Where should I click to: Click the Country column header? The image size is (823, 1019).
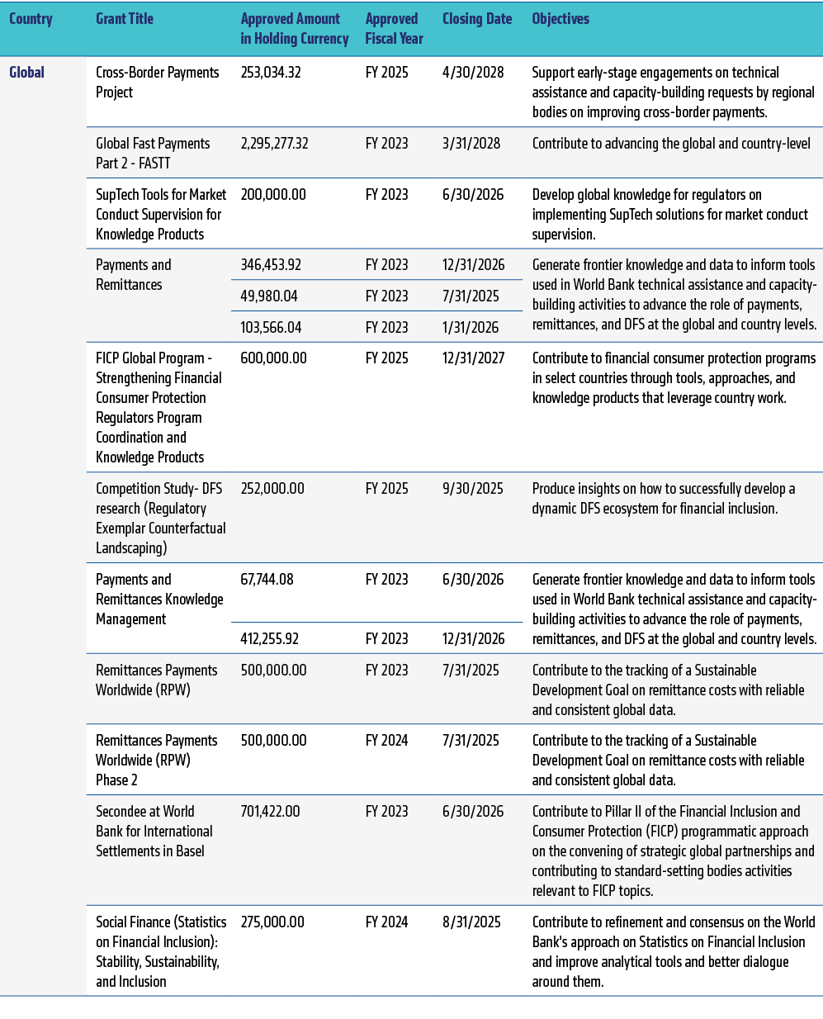pyautogui.click(x=31, y=19)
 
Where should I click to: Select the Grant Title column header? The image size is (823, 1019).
pyautogui.click(x=125, y=19)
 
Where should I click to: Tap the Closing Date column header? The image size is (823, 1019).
pyautogui.click(x=477, y=19)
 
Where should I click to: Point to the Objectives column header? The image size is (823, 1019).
pyautogui.click(x=560, y=19)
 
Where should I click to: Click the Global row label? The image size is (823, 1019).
pyautogui.click(x=26, y=73)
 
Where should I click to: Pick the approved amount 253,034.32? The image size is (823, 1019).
pyautogui.click(x=271, y=73)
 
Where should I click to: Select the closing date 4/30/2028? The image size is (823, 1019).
pyautogui.click(x=473, y=73)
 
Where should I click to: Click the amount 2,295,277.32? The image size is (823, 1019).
pyautogui.click(x=274, y=144)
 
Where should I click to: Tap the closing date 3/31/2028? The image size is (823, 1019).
pyautogui.click(x=471, y=144)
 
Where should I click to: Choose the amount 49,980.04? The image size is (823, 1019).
pyautogui.click(x=269, y=296)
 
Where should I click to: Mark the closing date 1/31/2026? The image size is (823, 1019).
pyautogui.click(x=471, y=328)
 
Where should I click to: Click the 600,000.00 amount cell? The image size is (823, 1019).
pyautogui.click(x=273, y=358)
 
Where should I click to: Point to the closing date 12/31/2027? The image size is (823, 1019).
pyautogui.click(x=473, y=358)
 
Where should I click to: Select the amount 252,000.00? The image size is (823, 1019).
pyautogui.click(x=272, y=489)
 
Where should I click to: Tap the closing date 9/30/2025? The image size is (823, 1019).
pyautogui.click(x=472, y=489)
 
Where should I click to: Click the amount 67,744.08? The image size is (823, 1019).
pyautogui.click(x=267, y=580)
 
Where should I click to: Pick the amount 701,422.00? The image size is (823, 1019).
pyautogui.click(x=270, y=812)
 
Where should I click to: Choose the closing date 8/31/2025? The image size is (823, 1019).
pyautogui.click(x=471, y=922)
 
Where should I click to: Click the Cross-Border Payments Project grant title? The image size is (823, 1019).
pyautogui.click(x=157, y=83)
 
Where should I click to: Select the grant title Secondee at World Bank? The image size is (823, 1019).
pyautogui.click(x=154, y=832)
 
